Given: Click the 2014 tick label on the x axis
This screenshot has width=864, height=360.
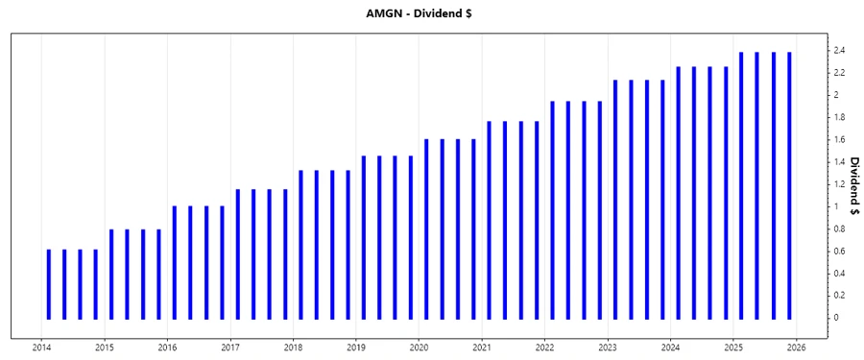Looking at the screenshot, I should [42, 348].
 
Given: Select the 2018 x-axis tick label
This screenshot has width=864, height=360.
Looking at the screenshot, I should [294, 348].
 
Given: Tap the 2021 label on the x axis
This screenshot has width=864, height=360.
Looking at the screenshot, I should [482, 348].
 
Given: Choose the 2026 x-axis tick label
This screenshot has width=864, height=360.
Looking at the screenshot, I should [796, 348].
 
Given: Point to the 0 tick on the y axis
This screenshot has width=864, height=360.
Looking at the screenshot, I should [835, 318].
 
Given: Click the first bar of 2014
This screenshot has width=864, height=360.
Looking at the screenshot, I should [49, 283].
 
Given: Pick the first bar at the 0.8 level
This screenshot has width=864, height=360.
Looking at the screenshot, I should [111, 274].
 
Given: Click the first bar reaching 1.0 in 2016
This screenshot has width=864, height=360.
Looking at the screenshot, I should [175, 262].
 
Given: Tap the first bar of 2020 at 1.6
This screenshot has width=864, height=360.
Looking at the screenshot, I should [426, 228].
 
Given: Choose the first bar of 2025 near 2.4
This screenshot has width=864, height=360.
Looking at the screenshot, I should [741, 184].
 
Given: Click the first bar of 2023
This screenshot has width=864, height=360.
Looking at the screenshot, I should [615, 199].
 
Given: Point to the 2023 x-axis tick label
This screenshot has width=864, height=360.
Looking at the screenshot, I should [608, 348].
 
